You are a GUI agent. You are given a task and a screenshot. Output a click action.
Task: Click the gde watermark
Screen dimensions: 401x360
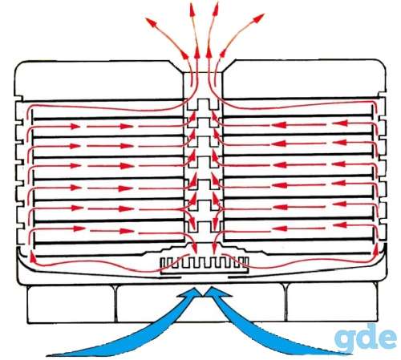click(x=366, y=338)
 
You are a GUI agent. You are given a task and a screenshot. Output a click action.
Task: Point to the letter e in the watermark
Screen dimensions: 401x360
click(x=387, y=339)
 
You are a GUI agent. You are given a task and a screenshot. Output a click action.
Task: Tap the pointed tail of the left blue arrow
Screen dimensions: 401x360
click(x=50, y=355)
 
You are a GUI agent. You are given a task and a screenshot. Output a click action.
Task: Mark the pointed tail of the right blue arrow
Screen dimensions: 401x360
click(x=343, y=354)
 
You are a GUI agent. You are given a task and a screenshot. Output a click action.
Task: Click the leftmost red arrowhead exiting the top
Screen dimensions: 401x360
click(x=151, y=22)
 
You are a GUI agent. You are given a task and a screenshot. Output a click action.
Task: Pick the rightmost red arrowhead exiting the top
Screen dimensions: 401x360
click(x=258, y=18)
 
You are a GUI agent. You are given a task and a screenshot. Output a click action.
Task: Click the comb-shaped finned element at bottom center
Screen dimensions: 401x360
click(x=205, y=265)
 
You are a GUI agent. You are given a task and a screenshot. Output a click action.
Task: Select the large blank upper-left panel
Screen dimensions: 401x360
click(x=99, y=80)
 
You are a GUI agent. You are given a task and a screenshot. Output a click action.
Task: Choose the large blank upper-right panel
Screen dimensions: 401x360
click(x=304, y=79)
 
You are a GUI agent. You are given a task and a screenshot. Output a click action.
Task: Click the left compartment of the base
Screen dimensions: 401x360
click(x=71, y=304)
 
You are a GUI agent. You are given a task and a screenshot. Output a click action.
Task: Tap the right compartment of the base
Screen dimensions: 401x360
click(x=332, y=302)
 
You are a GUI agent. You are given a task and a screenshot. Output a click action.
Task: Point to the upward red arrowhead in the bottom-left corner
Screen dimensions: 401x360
click(x=33, y=257)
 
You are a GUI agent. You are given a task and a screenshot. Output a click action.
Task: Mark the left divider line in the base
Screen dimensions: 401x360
click(x=115, y=304)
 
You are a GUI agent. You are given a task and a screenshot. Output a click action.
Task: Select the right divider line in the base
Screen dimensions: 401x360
click(x=286, y=302)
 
